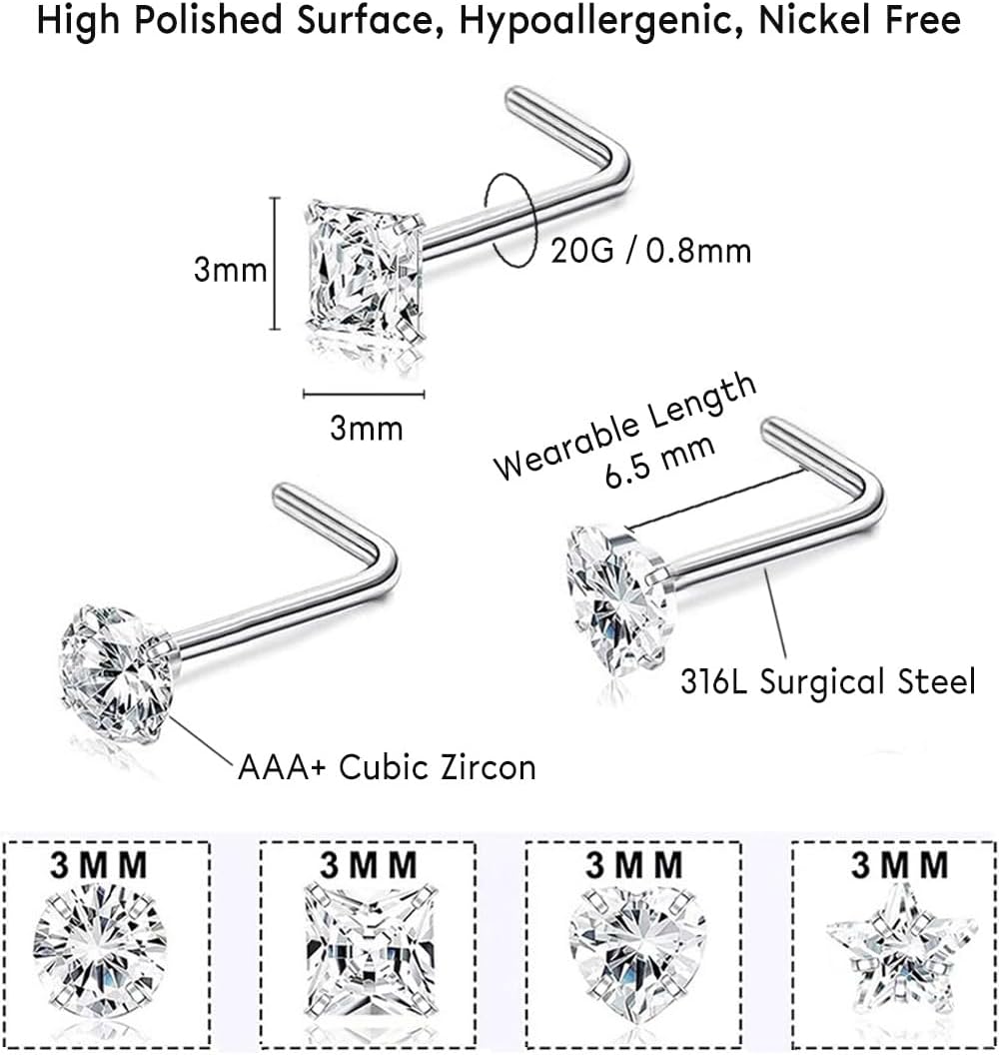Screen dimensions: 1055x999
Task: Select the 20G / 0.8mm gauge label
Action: tap(650, 251)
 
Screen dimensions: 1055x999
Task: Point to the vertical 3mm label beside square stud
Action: tap(230, 269)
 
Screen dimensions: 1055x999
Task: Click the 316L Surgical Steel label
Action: tap(826, 682)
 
